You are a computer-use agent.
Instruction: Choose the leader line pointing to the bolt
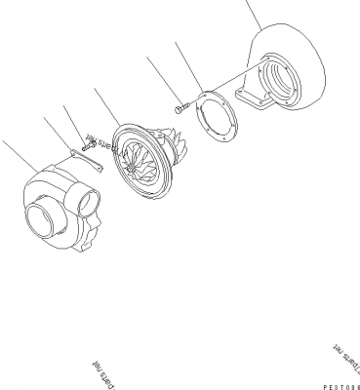click(x=162, y=79)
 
